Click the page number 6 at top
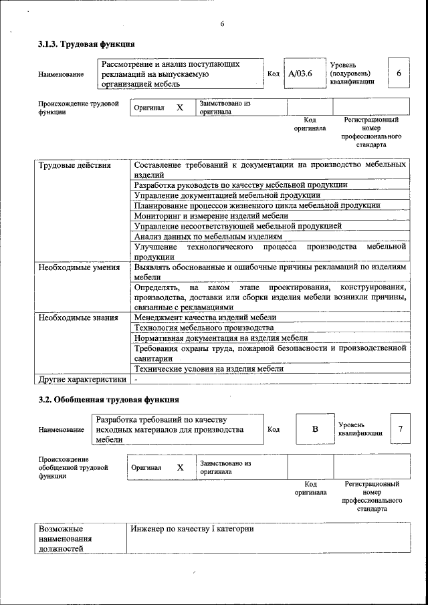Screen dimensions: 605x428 pos(221,25)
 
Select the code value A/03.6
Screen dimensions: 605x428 pos(300,74)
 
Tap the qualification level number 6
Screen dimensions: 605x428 pos(399,73)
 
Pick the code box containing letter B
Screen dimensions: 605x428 pos(314,429)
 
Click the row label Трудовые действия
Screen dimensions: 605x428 pos(74,164)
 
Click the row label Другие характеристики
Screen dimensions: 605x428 pos(82,380)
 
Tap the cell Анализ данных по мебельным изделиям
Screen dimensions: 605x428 pos(208,237)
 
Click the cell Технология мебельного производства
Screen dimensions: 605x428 pos(204,328)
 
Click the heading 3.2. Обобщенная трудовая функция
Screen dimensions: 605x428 pos(108,400)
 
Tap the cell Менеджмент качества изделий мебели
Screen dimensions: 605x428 pos(205,318)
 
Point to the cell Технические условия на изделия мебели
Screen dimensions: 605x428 pos(209,368)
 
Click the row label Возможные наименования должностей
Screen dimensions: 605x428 pos(66,538)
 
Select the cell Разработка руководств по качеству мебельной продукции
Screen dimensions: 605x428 pos(240,185)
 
